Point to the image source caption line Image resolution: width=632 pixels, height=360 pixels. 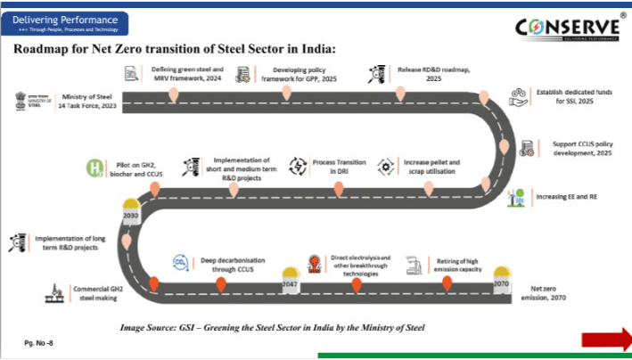[x=272, y=328]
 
